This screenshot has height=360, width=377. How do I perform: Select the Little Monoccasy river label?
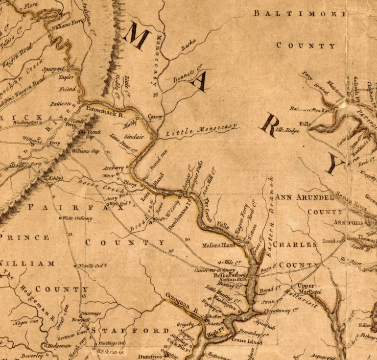pos(201,130)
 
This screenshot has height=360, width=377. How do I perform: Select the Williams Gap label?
pos(86,152)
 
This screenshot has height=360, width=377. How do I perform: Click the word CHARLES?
pos(295,244)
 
